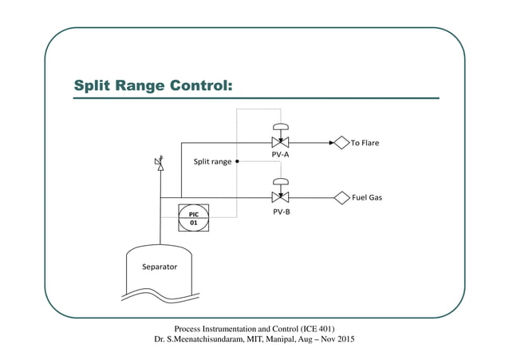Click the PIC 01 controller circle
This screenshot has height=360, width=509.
click(x=193, y=219)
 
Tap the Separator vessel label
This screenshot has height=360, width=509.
click(x=159, y=267)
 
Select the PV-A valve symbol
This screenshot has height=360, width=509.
click(x=280, y=144)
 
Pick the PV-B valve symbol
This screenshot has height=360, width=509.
click(x=280, y=197)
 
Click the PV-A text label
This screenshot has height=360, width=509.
click(x=281, y=156)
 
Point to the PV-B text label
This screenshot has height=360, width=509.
click(x=281, y=212)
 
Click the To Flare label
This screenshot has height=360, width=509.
click(x=365, y=144)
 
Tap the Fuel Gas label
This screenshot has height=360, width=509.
click(x=368, y=197)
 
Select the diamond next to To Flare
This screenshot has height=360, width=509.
click(x=341, y=144)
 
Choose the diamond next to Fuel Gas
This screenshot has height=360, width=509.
click(x=342, y=197)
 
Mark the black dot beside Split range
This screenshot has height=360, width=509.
click(x=238, y=161)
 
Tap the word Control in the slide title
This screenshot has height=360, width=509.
click(x=199, y=85)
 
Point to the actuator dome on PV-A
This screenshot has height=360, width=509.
click(x=280, y=127)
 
